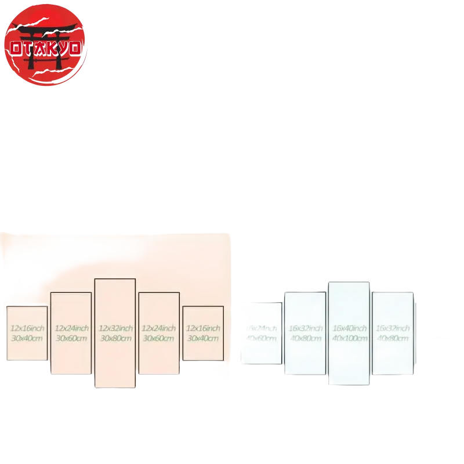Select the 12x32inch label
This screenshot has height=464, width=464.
pyautogui.click(x=115, y=328)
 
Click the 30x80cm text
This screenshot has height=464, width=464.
pyautogui.click(x=115, y=338)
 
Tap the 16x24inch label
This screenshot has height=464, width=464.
pyautogui.click(x=262, y=328)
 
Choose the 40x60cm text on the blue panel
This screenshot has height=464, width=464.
pyautogui.click(x=262, y=338)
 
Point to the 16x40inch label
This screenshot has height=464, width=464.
pyautogui.click(x=349, y=328)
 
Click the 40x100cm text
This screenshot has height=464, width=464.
pyautogui.click(x=349, y=338)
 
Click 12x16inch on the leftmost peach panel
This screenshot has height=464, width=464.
pyautogui.click(x=27, y=328)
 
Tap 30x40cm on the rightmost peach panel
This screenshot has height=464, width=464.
pyautogui.click(x=203, y=338)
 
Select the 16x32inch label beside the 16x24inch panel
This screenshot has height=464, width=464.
pyautogui.click(x=305, y=328)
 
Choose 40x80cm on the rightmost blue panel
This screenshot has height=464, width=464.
pyautogui.click(x=393, y=338)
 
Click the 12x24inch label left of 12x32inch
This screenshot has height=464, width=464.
pyautogui.click(x=71, y=328)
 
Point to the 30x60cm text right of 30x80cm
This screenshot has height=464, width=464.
pyautogui.click(x=159, y=338)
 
